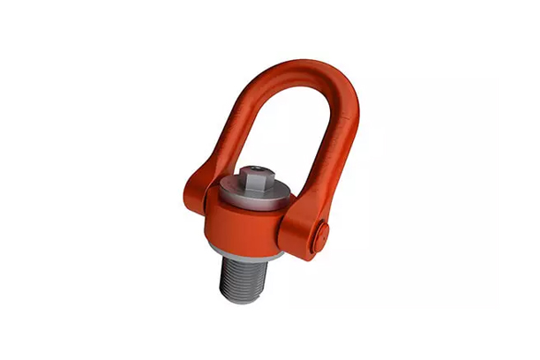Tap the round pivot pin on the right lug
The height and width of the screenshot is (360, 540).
pyautogui.click(x=324, y=235)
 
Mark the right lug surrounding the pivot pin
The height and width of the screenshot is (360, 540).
pyautogui.click(x=312, y=231)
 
